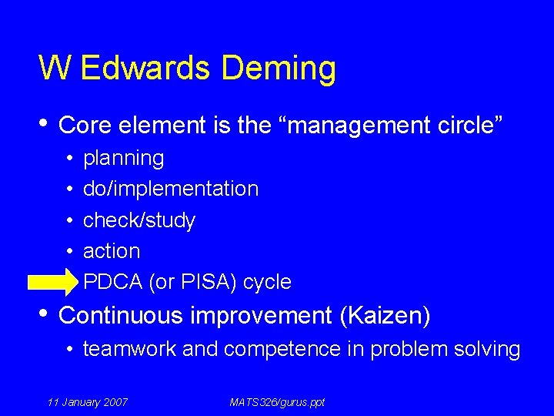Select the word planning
point(123,159)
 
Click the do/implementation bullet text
point(170,189)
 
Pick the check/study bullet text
point(138,220)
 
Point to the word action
point(112,251)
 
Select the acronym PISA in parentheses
point(205,282)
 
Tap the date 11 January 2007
point(87,402)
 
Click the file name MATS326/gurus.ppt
point(277,402)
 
